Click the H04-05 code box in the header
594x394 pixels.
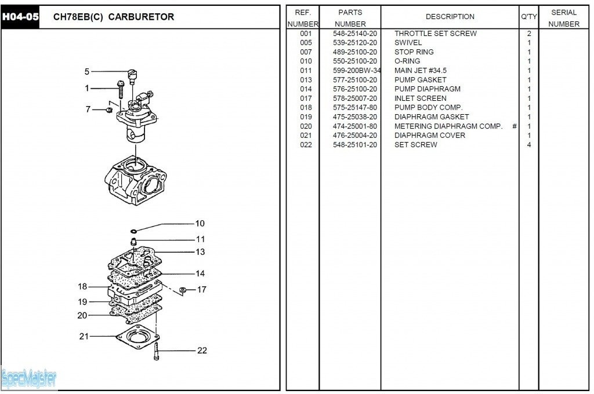(20, 17)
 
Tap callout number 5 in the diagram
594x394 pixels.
(87, 72)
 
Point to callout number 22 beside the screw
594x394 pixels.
(202, 351)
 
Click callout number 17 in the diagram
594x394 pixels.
(201, 289)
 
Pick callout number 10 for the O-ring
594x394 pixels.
(200, 224)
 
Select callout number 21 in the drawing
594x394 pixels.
(84, 336)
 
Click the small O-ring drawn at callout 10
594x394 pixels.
(133, 231)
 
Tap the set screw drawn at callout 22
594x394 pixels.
(157, 352)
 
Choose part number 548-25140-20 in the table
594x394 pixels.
(355, 34)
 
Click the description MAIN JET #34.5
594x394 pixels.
(421, 71)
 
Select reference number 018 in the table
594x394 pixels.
(306, 108)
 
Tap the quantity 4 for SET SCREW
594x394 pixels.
(528, 145)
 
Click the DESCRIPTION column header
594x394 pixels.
(450, 17)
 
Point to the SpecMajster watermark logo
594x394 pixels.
(29, 379)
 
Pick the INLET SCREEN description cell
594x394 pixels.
(421, 99)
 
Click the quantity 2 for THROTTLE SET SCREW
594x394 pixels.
(528, 34)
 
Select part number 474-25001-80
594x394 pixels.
(355, 126)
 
